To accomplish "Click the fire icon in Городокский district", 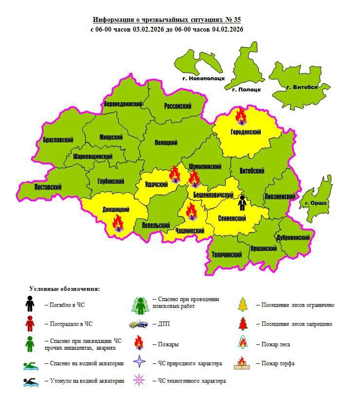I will [240, 116].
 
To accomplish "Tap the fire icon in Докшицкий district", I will [118, 223].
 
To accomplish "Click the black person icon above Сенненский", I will [242, 203].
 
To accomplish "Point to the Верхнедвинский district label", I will [123, 104].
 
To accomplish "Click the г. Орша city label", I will [316, 202].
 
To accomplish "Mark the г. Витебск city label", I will [302, 88].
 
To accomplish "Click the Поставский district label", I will [48, 187].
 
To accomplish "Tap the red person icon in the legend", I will [30, 323].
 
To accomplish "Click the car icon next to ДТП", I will [139, 324].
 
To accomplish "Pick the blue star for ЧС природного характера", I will [140, 363].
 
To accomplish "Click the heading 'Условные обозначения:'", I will [64, 289].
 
